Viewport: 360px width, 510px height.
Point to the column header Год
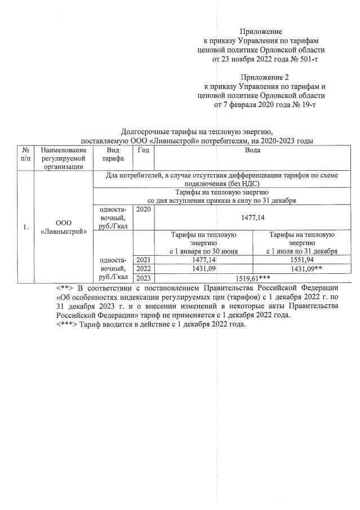[143, 150]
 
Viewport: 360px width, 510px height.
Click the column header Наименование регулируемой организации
[63, 158]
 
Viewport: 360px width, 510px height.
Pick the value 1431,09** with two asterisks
[304, 269]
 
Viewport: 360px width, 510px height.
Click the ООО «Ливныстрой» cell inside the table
[63, 227]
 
